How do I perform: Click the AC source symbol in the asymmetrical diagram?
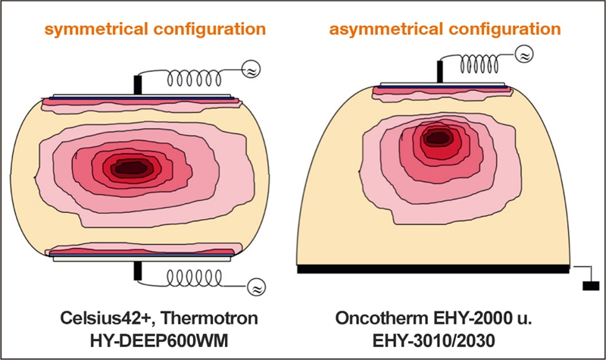pos(522,55)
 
